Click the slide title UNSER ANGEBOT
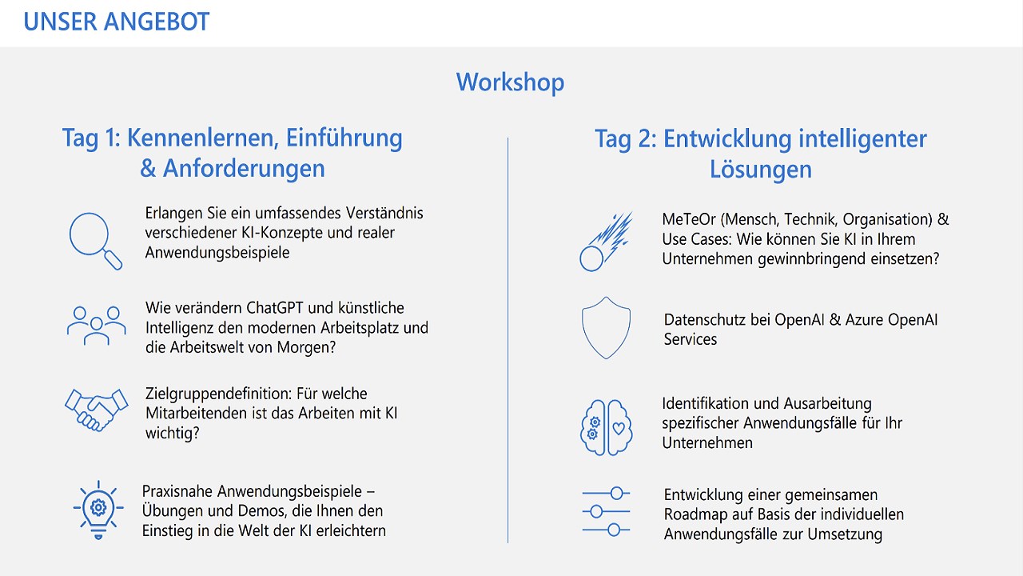pyautogui.click(x=117, y=22)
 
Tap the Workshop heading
pyautogui.click(x=510, y=82)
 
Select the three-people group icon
pyautogui.click(x=97, y=326)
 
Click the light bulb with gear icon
pyautogui.click(x=98, y=510)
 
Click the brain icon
pyautogui.click(x=606, y=427)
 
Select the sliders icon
pyautogui.click(x=606, y=511)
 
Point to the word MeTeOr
pyautogui.click(x=689, y=219)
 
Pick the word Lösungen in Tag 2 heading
pyautogui.click(x=760, y=170)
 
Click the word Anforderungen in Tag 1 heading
pyautogui.click(x=244, y=168)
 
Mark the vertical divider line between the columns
pyautogui.click(x=508, y=340)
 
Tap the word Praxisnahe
pyautogui.click(x=177, y=491)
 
